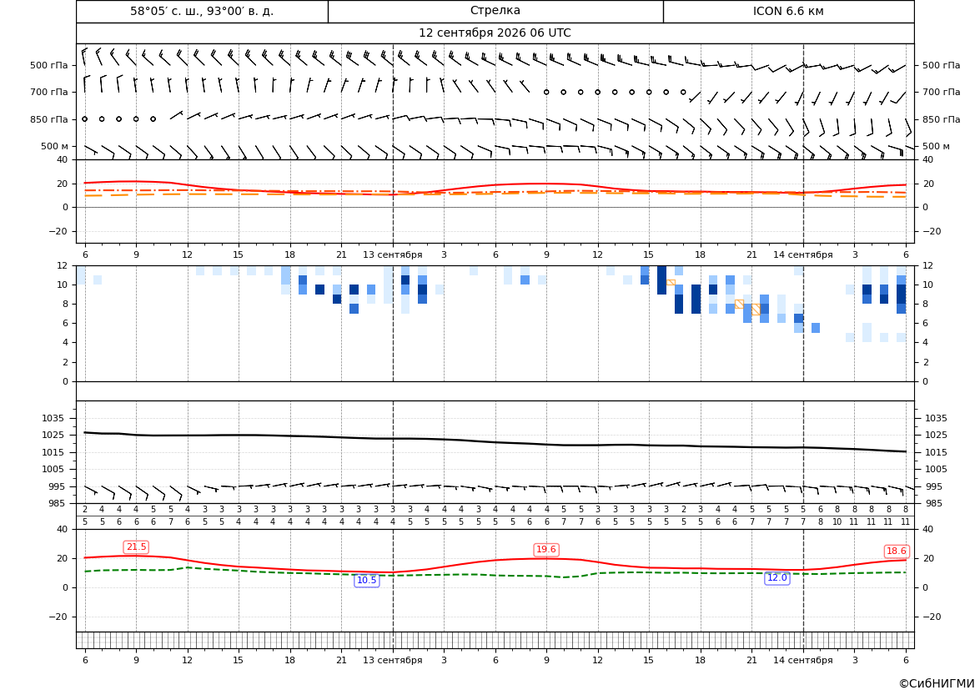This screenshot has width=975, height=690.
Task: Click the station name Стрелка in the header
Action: click(495, 11)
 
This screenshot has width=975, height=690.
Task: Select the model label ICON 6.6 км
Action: click(788, 11)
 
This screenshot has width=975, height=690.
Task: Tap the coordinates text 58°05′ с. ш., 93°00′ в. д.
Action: click(202, 11)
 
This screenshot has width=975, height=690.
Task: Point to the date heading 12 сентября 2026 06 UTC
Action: click(495, 33)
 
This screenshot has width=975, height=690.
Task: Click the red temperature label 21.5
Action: click(136, 546)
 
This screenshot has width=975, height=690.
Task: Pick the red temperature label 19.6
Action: click(546, 549)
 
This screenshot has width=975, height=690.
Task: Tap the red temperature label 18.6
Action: click(896, 551)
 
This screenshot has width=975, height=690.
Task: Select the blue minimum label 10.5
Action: click(366, 580)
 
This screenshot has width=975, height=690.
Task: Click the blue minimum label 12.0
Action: click(776, 577)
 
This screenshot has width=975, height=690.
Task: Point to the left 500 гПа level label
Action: click(49, 65)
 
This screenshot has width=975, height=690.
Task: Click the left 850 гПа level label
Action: click(49, 119)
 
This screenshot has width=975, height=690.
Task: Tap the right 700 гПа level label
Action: click(941, 92)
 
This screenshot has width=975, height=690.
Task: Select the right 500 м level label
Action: click(936, 146)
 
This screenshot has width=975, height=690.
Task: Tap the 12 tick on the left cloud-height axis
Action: click(63, 265)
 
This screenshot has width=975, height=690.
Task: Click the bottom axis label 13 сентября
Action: click(392, 660)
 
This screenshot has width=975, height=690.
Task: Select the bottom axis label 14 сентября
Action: click(802, 660)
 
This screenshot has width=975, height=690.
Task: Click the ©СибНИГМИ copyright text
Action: click(937, 683)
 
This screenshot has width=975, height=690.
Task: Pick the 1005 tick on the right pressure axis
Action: click(936, 469)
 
